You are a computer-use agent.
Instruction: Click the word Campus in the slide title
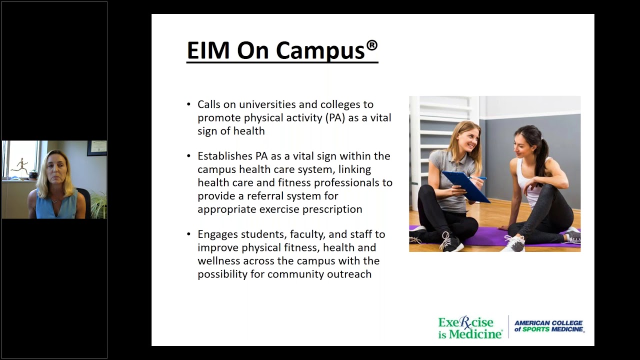(x=320, y=50)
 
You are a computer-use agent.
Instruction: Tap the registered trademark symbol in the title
(x=371, y=45)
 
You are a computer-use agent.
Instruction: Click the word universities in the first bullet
(x=265, y=104)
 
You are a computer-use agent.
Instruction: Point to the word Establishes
(x=224, y=156)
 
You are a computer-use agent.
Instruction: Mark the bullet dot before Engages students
(x=188, y=234)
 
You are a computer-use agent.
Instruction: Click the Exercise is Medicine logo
(x=470, y=328)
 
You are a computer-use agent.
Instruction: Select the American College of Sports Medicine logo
(x=548, y=326)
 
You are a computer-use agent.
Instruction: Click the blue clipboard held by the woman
(x=465, y=186)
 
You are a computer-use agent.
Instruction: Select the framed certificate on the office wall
(x=96, y=148)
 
